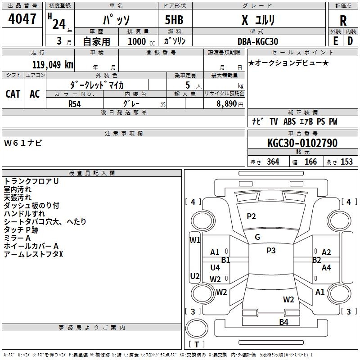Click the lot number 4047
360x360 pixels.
[22, 18]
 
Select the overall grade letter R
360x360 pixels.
[343, 20]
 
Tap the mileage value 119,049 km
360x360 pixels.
[53, 64]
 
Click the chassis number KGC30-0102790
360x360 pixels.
[302, 143]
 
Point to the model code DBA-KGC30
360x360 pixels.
[258, 41]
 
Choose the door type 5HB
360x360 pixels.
[174, 20]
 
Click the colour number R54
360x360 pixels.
[74, 104]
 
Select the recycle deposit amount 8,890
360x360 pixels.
[226, 104]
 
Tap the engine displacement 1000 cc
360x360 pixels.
[141, 41]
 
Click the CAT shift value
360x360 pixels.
[13, 94]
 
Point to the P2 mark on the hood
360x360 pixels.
[251, 216]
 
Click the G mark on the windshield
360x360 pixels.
[257, 237]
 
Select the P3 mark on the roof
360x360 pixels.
[271, 251]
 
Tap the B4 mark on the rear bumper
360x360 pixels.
[284, 322]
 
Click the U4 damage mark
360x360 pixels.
[215, 267]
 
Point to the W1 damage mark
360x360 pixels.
[195, 240]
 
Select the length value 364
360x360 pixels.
[273, 162]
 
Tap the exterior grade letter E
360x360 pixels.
[336, 41]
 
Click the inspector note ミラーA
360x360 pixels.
[17, 238]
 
